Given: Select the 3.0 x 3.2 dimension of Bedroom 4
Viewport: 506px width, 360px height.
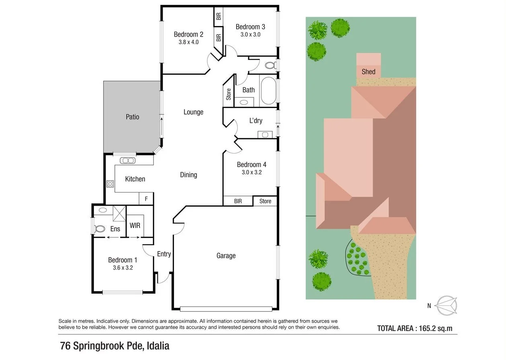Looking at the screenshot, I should click(251, 172).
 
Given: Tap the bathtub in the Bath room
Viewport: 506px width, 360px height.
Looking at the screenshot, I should click(268, 91).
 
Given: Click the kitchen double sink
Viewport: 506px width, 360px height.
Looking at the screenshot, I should click(127, 161).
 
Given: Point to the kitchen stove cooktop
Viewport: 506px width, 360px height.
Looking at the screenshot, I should click(110, 184).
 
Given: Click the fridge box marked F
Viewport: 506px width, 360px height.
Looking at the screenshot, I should click(146, 198).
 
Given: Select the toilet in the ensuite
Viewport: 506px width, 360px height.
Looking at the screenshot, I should click(99, 229).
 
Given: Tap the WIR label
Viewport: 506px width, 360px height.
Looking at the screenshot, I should click(135, 225).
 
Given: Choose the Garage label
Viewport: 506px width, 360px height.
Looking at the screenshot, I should click(226, 256).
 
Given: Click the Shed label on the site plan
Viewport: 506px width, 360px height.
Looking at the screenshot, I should click(368, 72).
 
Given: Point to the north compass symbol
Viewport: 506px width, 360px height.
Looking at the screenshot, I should click(447, 305).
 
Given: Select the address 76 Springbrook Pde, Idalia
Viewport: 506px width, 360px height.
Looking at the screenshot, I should click(114, 346).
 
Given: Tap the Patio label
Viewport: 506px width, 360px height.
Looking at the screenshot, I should click(133, 117).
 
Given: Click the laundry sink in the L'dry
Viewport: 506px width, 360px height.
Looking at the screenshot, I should click(265, 134).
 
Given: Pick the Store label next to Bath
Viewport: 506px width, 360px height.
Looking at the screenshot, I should click(229, 94).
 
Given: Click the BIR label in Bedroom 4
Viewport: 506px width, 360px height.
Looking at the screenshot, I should click(238, 201).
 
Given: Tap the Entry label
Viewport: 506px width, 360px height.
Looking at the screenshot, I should click(164, 254).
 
